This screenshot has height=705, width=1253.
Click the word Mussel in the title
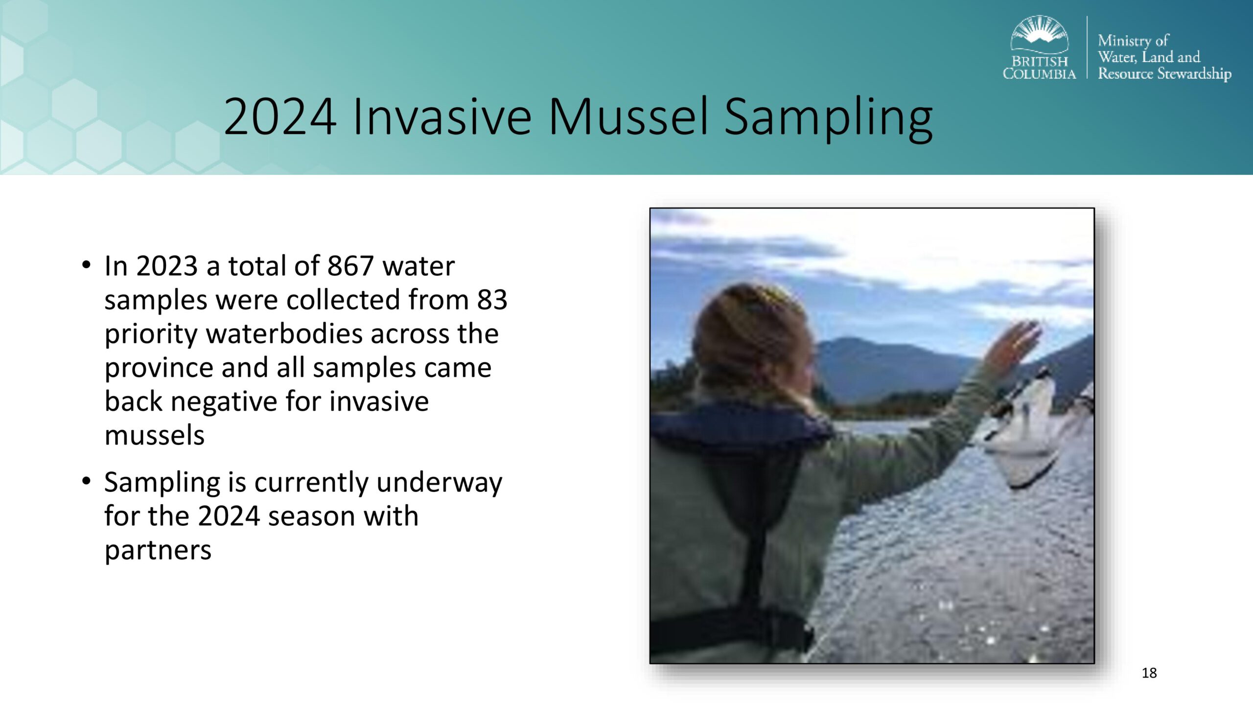(x=628, y=117)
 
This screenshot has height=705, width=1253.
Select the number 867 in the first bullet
(x=350, y=266)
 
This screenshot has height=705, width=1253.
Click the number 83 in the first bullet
(x=492, y=300)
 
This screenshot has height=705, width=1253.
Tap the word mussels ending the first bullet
(x=154, y=435)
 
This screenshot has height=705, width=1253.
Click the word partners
(x=158, y=551)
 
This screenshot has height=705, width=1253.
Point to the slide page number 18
(x=1149, y=673)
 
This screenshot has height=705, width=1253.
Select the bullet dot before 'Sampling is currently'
(x=87, y=481)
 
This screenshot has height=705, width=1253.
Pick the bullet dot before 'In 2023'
(x=87, y=265)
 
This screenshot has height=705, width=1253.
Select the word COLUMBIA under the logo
(x=1040, y=74)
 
